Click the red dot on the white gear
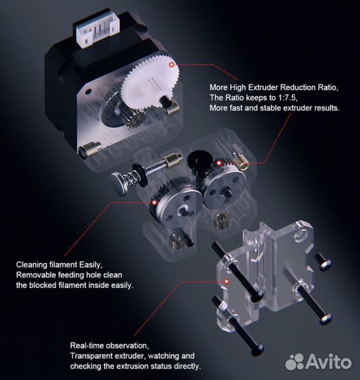tap(172, 65)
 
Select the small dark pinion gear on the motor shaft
tap(135, 118)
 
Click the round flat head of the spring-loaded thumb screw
tap(118, 182)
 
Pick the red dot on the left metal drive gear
tap(154, 203)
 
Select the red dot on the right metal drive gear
tap(219, 163)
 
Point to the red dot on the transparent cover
tap(226, 281)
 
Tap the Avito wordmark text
tap(329, 362)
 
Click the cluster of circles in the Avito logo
tap(295, 362)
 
